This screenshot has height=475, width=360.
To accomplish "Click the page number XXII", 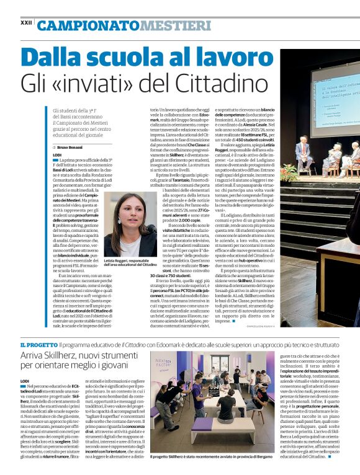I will tap(26, 22).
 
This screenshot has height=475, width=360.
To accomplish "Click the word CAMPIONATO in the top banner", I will tap(88, 25).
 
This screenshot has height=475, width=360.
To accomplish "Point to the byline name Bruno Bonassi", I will tap(72, 147).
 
